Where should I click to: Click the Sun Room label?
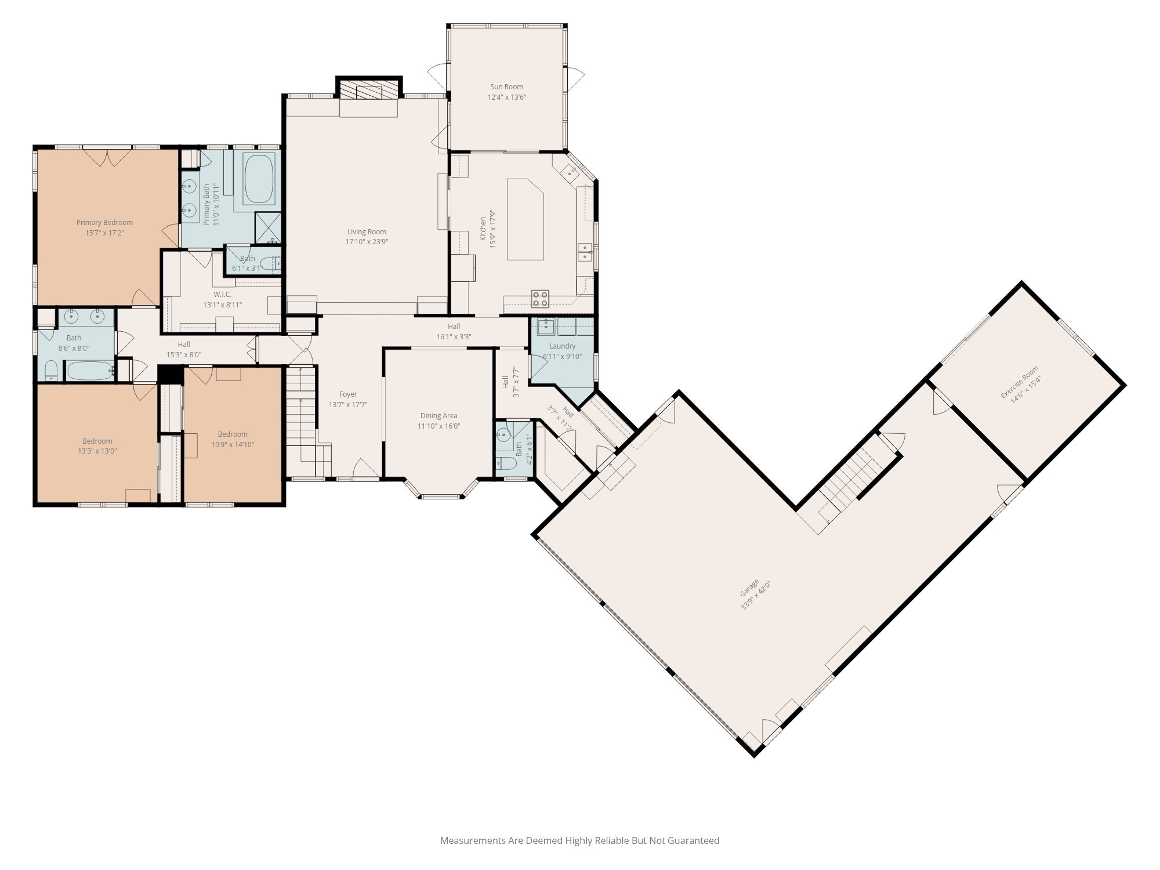click(506, 87)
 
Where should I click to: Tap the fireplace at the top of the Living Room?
click(369, 90)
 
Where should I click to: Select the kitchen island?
click(525, 219)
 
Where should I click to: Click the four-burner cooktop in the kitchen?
click(540, 299)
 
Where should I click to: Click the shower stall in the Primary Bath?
click(268, 227)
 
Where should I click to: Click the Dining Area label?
click(438, 415)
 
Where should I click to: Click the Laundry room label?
click(562, 346)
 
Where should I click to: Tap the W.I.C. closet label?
click(222, 295)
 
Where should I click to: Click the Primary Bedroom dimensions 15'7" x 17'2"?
click(105, 233)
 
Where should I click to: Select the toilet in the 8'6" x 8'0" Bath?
click(51, 371)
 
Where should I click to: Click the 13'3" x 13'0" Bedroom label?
click(97, 441)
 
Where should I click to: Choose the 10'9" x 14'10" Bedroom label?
click(233, 434)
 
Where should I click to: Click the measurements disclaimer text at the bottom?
click(579, 840)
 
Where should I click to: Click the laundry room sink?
click(546, 327)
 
